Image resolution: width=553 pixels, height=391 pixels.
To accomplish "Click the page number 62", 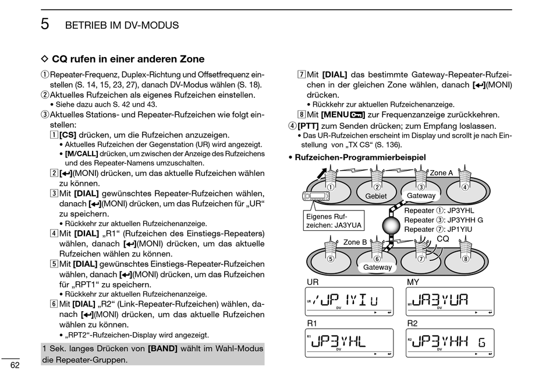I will click(x=15, y=365).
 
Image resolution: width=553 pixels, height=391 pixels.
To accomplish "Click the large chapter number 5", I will click(x=45, y=24).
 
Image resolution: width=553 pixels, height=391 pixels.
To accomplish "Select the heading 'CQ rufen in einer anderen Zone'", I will click(x=128, y=59).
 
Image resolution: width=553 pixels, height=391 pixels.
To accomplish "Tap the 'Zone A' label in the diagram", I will click(x=441, y=173).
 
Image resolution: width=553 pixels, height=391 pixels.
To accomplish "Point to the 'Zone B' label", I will click(x=355, y=242).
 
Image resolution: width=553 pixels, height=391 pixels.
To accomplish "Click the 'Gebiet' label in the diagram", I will click(x=376, y=196).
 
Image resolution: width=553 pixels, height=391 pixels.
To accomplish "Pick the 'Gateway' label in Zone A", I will click(x=421, y=196).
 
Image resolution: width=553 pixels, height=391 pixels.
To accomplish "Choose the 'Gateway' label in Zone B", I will click(x=378, y=267).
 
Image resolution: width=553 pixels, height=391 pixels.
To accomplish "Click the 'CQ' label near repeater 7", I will click(x=443, y=239).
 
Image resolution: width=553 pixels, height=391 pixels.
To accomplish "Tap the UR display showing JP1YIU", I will click(x=342, y=301).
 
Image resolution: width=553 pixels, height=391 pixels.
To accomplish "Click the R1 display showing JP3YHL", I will click(x=342, y=343).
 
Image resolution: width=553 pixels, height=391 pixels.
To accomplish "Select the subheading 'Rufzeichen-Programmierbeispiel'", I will click(x=360, y=157).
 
